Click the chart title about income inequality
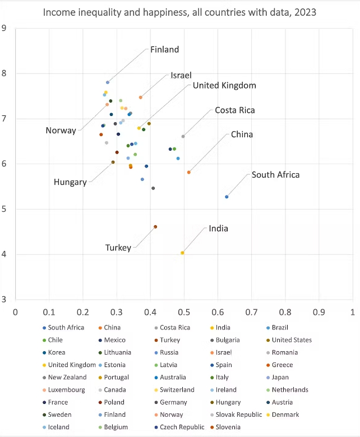click(x=180, y=12)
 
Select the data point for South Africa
click(x=227, y=197)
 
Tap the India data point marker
click(x=182, y=253)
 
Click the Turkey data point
click(x=155, y=226)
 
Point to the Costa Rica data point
click(x=183, y=136)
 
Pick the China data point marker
click(x=189, y=172)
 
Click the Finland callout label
click(x=164, y=49)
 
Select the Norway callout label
click(x=61, y=131)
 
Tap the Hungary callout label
click(x=70, y=182)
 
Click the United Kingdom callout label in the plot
click(x=224, y=86)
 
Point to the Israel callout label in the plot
click(x=181, y=75)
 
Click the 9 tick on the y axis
click(x=4, y=28)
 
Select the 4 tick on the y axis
click(x=4, y=254)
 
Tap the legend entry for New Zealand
click(x=67, y=377)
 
